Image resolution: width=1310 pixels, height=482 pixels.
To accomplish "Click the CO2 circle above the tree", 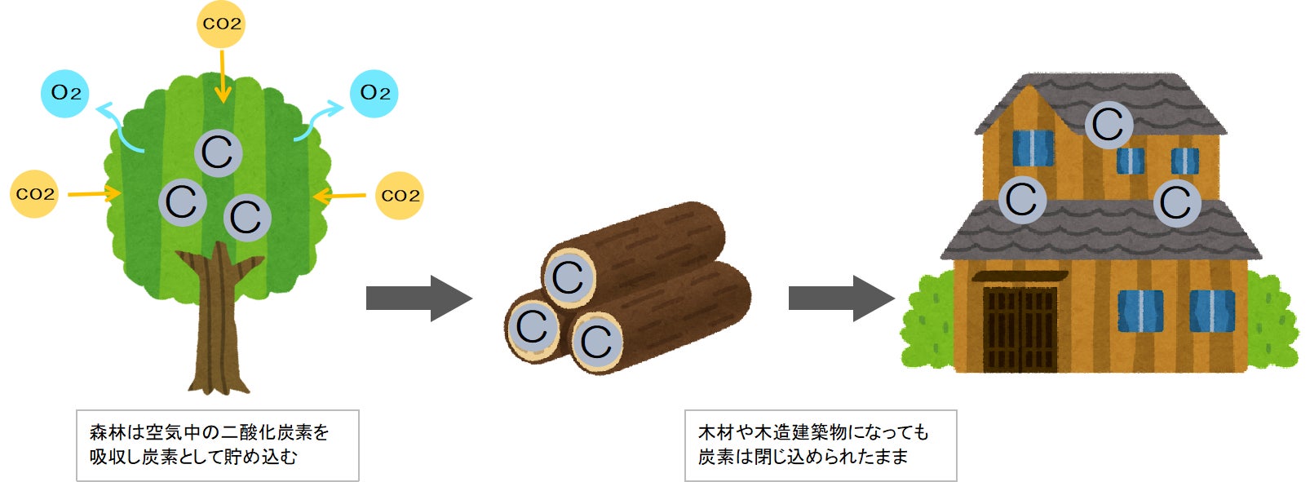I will coord(221,24).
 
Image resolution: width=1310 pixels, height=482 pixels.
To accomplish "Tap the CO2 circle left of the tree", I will coord(34,194).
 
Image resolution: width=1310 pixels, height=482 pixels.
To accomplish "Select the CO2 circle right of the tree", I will coord(400,195).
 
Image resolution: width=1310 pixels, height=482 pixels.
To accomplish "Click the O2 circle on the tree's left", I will coord(65,93).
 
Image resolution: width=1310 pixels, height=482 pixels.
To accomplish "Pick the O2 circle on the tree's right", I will coord(374,93).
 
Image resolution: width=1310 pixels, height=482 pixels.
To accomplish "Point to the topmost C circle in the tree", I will coord(219,153).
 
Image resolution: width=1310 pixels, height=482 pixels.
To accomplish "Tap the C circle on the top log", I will coord(569,277).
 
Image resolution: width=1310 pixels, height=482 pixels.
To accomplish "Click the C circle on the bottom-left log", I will coord(533,327).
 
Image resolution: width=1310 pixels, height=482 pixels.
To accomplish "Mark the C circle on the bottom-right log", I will coord(596,341).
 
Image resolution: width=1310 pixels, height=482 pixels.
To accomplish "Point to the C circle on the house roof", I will coord(1109,125).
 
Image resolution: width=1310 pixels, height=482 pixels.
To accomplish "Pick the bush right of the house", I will coord(1272,322).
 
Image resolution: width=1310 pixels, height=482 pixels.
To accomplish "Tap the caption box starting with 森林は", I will coord(217,444).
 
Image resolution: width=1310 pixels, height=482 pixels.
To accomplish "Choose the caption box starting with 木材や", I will coord(820,444).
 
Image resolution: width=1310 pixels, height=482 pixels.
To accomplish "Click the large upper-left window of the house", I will coord(1033,148).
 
